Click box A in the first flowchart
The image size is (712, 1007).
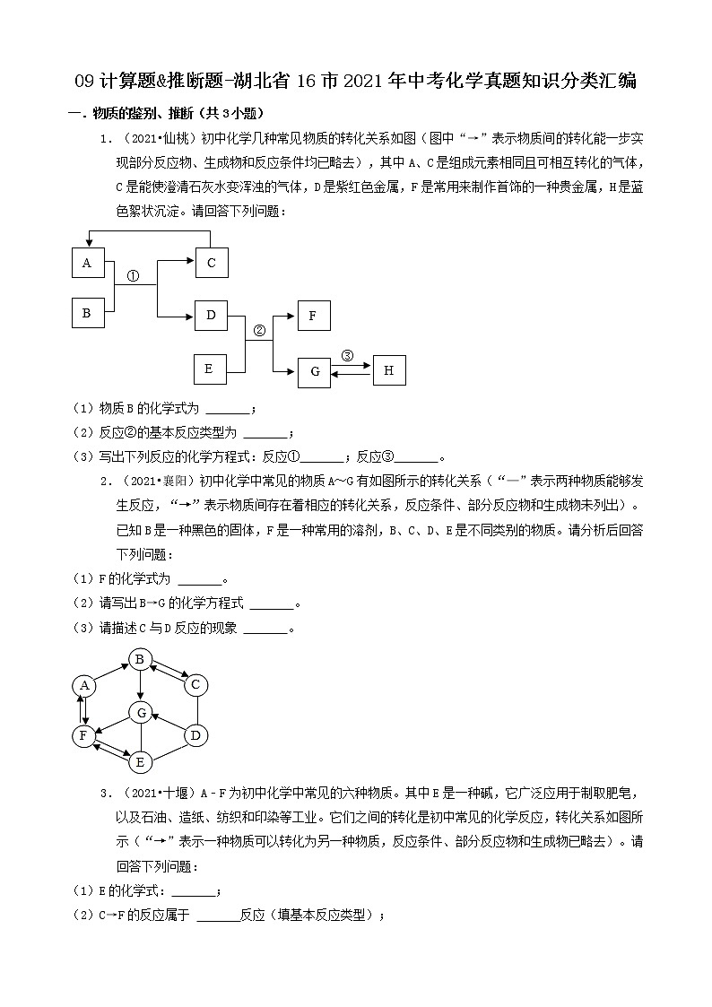coord(87,263)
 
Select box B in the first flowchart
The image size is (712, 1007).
coord(87,313)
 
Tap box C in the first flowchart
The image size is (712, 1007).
coord(212,263)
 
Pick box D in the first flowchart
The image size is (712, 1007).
coord(212,315)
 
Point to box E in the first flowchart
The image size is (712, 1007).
coord(210,368)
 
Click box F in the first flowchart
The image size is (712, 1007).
coord(314,316)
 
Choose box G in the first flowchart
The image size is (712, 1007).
coord(314,371)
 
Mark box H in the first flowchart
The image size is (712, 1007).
coord(389,369)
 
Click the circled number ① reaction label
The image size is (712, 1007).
coord(131,276)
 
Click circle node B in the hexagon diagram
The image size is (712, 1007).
coord(140,660)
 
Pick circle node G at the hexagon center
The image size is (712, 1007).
coord(140,712)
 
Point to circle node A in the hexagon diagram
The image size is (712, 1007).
coord(84,686)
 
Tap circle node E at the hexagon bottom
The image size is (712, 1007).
coord(139,762)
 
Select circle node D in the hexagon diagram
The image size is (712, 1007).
coord(195,736)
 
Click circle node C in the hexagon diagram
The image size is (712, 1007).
coord(195,686)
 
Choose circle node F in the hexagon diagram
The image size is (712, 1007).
coord(84,736)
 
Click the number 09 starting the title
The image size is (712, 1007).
coord(84,81)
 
